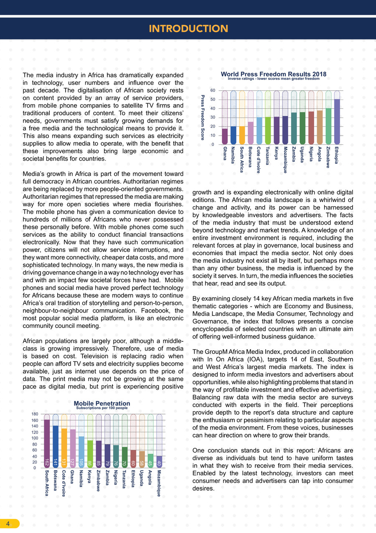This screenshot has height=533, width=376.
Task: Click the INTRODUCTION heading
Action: pos(188,28)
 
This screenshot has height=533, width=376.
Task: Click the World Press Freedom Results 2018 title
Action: pos(273,74)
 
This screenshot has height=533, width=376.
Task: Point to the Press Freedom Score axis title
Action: pos(203,118)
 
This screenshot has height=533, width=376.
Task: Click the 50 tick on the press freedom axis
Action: pos(213,100)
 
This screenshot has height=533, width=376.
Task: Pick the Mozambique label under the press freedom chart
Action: pos(285,160)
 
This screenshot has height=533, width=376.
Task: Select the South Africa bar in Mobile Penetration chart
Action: pos(47,443)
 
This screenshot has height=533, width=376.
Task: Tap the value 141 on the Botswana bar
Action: pos(56,462)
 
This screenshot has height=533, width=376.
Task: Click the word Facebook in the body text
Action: pos(154,311)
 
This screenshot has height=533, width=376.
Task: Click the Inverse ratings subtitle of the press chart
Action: pos(273,78)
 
